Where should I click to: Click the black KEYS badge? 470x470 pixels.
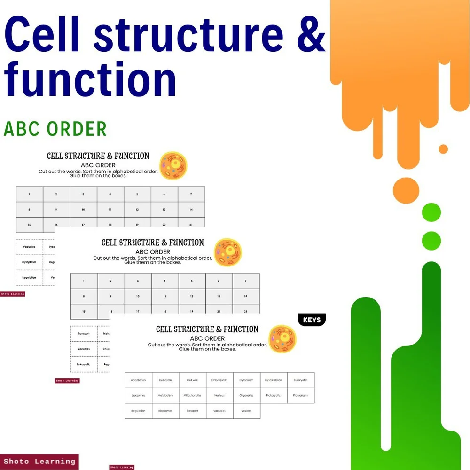(312, 320)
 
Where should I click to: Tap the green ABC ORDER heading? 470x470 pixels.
(55, 129)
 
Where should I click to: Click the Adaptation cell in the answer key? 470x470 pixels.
(139, 380)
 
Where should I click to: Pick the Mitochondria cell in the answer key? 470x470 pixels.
(192, 395)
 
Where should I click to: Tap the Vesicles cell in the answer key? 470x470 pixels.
(246, 411)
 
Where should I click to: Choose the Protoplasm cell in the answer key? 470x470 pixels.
(300, 395)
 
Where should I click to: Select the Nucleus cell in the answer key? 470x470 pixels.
(219, 395)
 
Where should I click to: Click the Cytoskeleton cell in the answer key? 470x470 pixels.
(274, 380)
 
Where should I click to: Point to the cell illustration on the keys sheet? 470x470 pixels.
(282, 339)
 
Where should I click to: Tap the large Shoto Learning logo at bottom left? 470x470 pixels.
(39, 462)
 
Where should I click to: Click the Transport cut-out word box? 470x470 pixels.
(84, 333)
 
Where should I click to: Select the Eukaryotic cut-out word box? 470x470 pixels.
(84, 364)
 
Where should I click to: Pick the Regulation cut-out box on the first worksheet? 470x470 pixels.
(29, 277)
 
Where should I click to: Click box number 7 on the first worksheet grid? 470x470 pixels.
(191, 194)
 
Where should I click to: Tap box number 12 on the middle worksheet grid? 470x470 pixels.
(192, 296)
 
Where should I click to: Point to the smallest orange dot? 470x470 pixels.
(443, 149)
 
